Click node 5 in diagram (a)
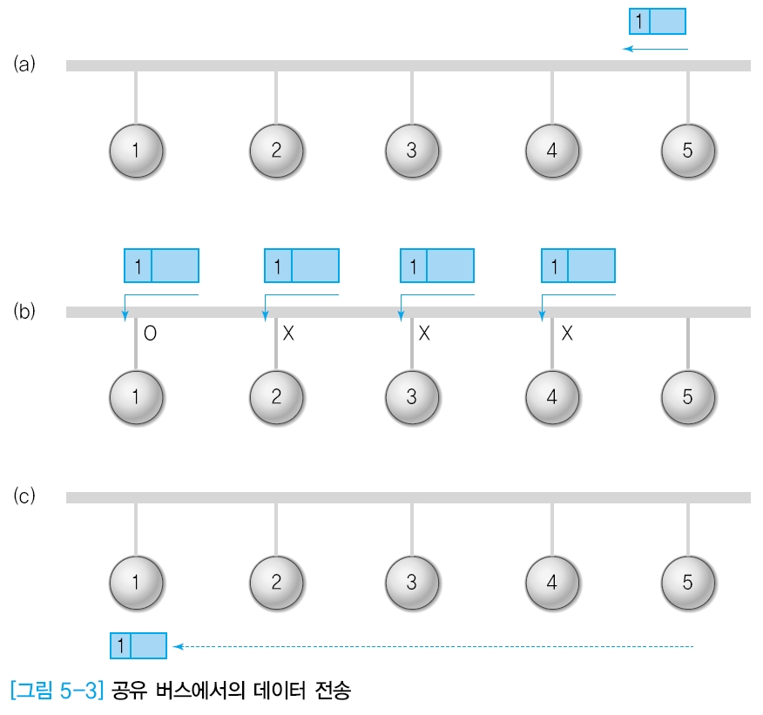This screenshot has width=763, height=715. click(x=687, y=150)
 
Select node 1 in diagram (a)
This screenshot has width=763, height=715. click(x=136, y=150)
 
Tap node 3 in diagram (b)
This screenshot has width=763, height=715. click(x=412, y=396)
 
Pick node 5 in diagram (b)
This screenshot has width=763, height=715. click(x=687, y=396)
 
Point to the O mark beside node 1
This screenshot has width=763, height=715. click(x=151, y=333)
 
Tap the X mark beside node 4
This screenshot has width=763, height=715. click(x=566, y=333)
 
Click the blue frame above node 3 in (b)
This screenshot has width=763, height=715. click(x=436, y=265)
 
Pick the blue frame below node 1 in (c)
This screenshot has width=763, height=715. click(x=138, y=645)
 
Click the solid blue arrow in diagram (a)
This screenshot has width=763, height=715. click(x=655, y=49)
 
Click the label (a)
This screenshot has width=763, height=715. click(x=24, y=64)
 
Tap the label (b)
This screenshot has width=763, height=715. click(x=24, y=311)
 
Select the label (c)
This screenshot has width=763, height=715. click(x=24, y=496)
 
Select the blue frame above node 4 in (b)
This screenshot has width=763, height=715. click(x=578, y=265)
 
